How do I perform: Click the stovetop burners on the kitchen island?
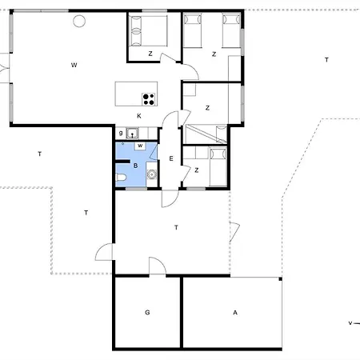click(149, 99)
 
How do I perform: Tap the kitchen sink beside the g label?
click(132, 134)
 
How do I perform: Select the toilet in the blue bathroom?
click(121, 177)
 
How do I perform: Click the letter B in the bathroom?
click(135, 166)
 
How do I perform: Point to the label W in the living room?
click(74, 65)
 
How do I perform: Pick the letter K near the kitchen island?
click(139, 116)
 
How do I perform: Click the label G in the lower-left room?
click(147, 312)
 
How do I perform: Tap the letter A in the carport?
click(235, 312)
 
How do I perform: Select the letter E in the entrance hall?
click(171, 158)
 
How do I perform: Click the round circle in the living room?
click(79, 21)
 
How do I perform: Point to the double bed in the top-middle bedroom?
click(148, 31)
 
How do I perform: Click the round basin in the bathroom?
click(151, 174)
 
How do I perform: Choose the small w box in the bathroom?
click(140, 146)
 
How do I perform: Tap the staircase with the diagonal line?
click(205, 134)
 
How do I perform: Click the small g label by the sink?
click(121, 133)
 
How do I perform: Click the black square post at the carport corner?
click(280, 279)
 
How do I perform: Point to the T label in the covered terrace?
click(176, 227)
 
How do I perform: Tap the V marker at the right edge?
click(350, 323)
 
